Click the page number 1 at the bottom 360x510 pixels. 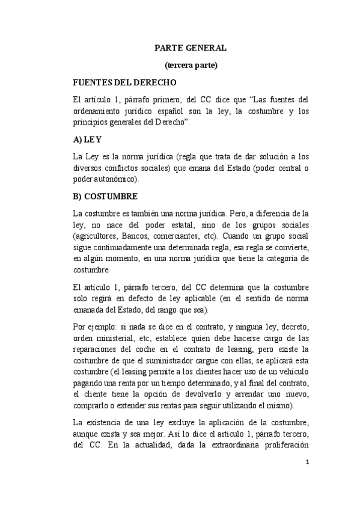click(307, 462)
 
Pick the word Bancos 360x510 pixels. click(140, 236)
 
